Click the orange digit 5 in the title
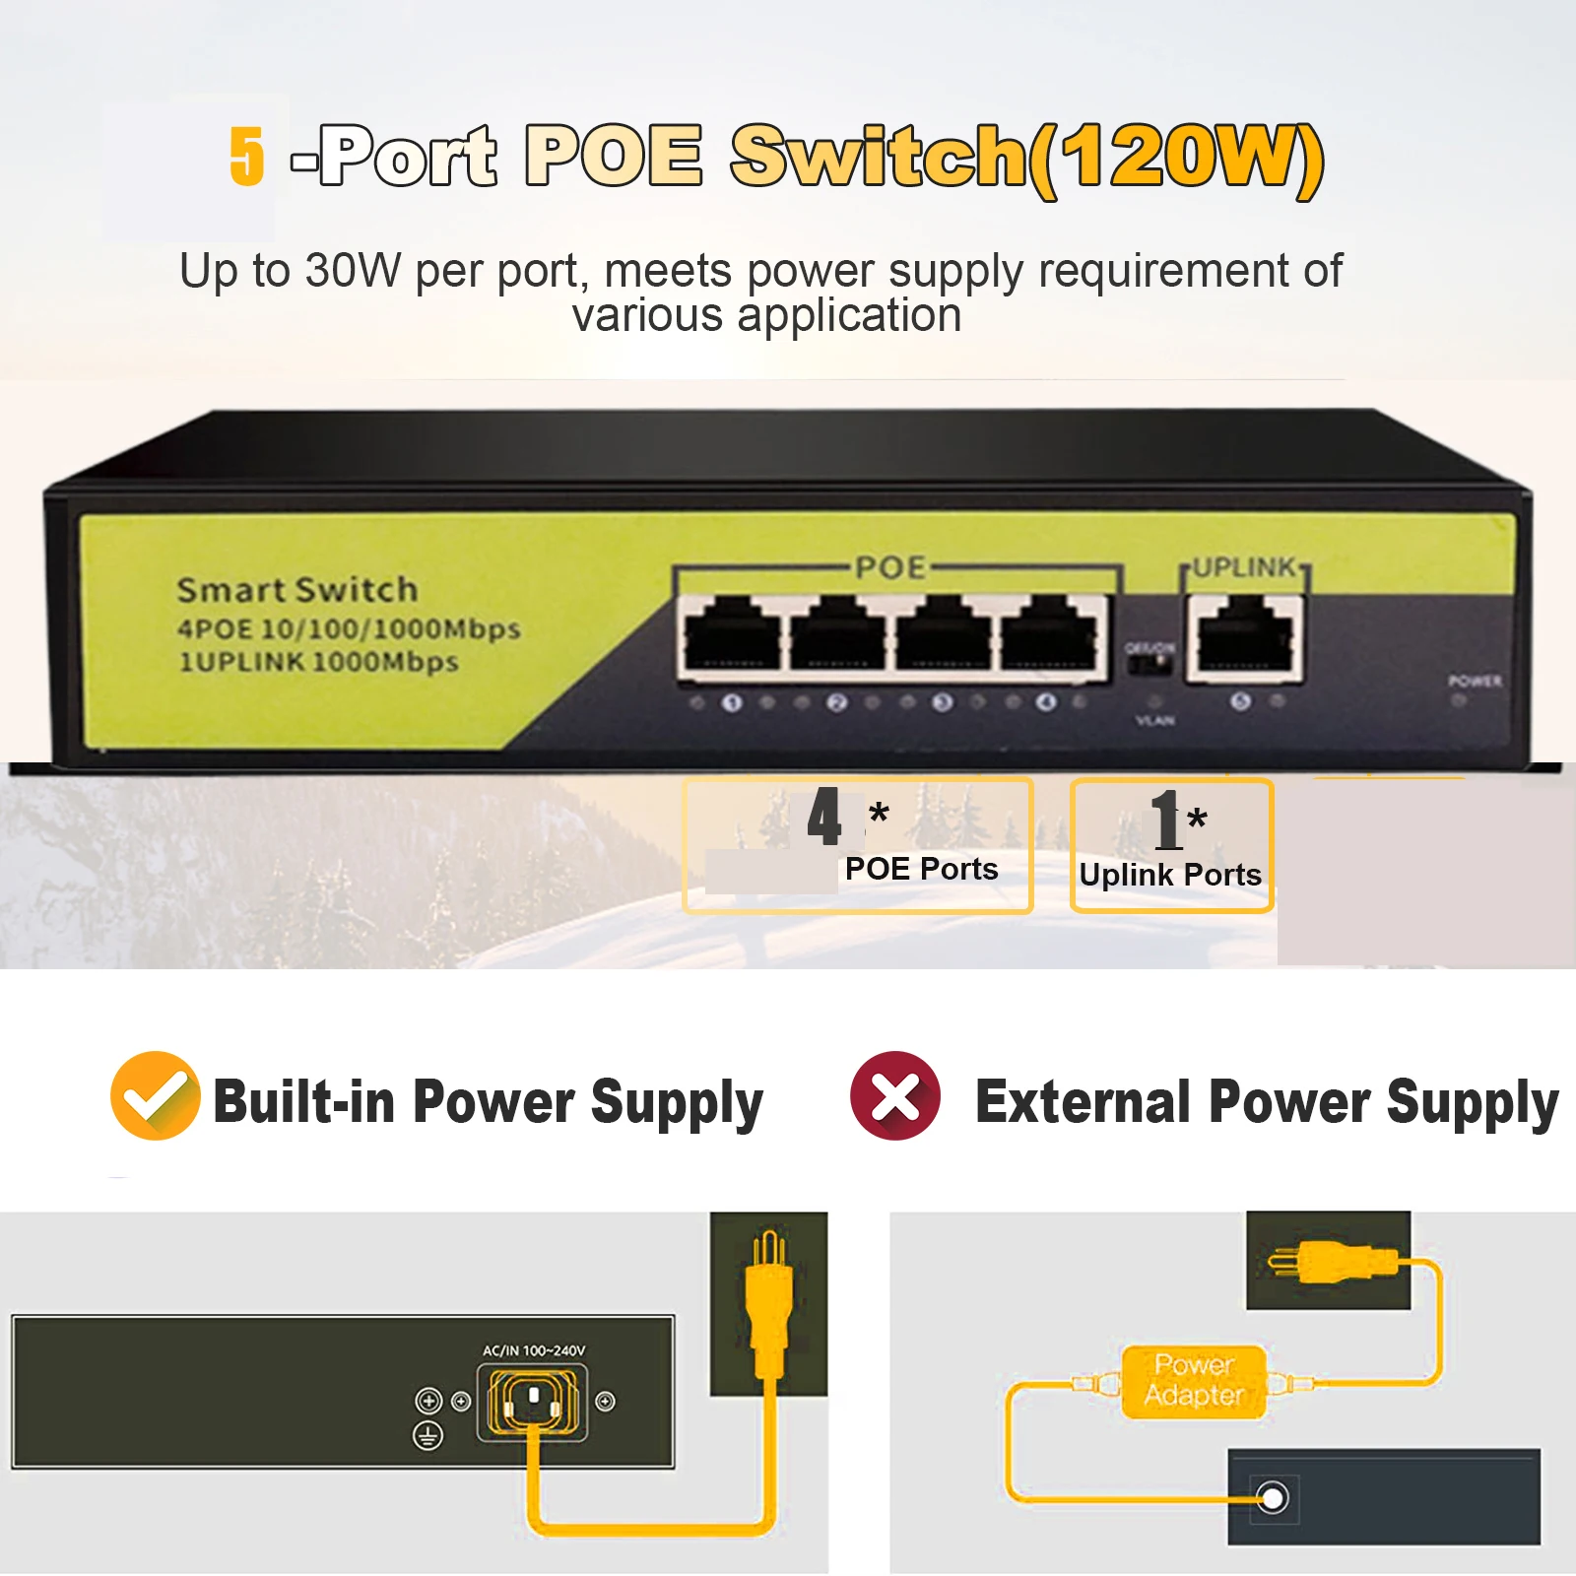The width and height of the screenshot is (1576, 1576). point(246,156)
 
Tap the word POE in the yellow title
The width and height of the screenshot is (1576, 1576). point(613,156)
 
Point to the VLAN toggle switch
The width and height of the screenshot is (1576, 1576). point(1150,664)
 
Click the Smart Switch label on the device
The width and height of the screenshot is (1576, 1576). point(297,590)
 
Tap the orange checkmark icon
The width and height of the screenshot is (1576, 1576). point(155,1095)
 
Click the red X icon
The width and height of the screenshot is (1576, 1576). point(895,1095)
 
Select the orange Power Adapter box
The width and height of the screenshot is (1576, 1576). point(1194,1381)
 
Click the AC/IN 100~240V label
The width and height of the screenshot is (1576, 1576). point(534,1350)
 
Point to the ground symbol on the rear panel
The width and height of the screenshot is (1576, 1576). point(427,1435)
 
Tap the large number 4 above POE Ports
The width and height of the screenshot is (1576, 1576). point(824,817)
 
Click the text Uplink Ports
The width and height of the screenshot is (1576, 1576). point(1170,875)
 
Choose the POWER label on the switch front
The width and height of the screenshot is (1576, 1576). point(1475,681)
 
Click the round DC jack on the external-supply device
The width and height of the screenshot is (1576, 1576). point(1273,1498)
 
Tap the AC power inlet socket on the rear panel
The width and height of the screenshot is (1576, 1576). point(532,1401)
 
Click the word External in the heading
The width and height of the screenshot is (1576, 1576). point(1083,1101)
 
